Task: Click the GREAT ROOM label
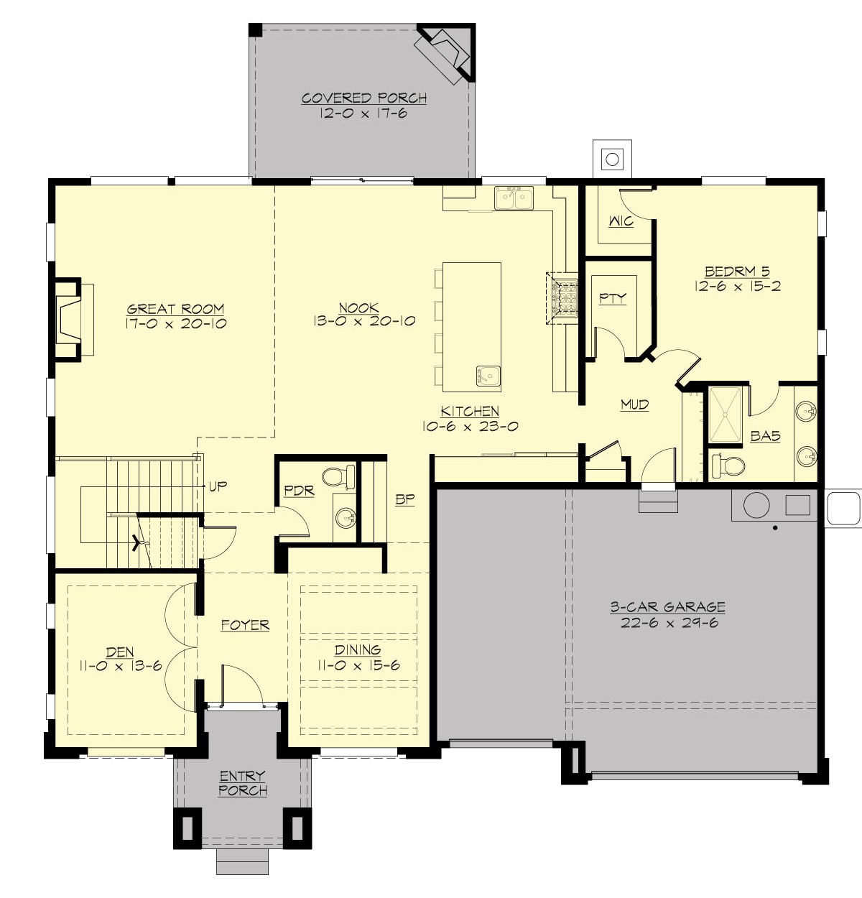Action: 176,309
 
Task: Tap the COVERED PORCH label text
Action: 364,98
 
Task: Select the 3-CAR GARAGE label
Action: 667,607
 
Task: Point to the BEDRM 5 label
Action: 737,272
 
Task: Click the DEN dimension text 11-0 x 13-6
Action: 120,667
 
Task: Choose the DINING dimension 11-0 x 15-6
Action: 358,666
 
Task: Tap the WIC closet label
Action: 621,221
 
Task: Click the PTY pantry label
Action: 613,298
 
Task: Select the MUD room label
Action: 634,405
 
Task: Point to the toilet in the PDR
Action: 338,476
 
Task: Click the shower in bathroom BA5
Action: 726,415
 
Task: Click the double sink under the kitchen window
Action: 514,198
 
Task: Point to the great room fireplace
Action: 72,319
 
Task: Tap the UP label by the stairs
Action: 218,486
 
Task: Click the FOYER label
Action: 245,625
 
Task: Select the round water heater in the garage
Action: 756,505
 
